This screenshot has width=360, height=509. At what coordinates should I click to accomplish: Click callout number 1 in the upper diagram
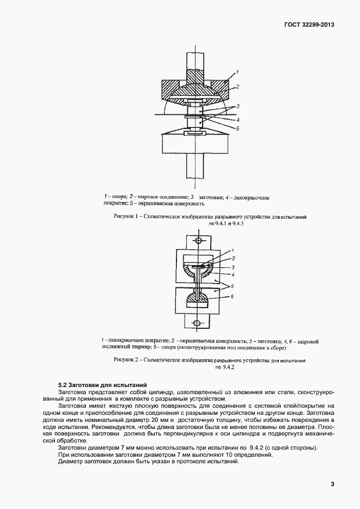pos(237,72)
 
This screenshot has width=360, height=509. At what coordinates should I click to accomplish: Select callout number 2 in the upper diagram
pos(237,86)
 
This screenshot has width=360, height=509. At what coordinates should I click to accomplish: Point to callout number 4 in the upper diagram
pos(238,119)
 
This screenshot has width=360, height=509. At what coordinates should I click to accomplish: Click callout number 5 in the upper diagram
pos(237,128)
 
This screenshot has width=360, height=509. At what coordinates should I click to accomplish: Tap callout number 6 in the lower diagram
pos(232,296)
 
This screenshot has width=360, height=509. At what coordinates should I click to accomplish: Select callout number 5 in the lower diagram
pos(232,286)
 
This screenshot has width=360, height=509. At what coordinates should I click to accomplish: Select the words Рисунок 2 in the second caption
pos(126,360)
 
